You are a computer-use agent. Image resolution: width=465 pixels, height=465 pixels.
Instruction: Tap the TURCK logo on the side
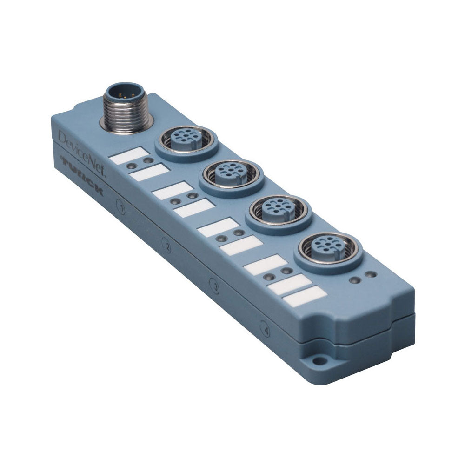81,174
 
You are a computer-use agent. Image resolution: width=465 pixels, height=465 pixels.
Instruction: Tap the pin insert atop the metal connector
121,91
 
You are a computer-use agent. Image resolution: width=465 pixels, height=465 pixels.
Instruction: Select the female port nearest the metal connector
186,140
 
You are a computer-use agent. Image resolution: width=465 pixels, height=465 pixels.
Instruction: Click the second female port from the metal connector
231,174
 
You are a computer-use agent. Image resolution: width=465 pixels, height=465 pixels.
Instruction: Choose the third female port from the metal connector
278,211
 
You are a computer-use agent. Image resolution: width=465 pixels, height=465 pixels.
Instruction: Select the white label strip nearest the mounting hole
305,296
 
